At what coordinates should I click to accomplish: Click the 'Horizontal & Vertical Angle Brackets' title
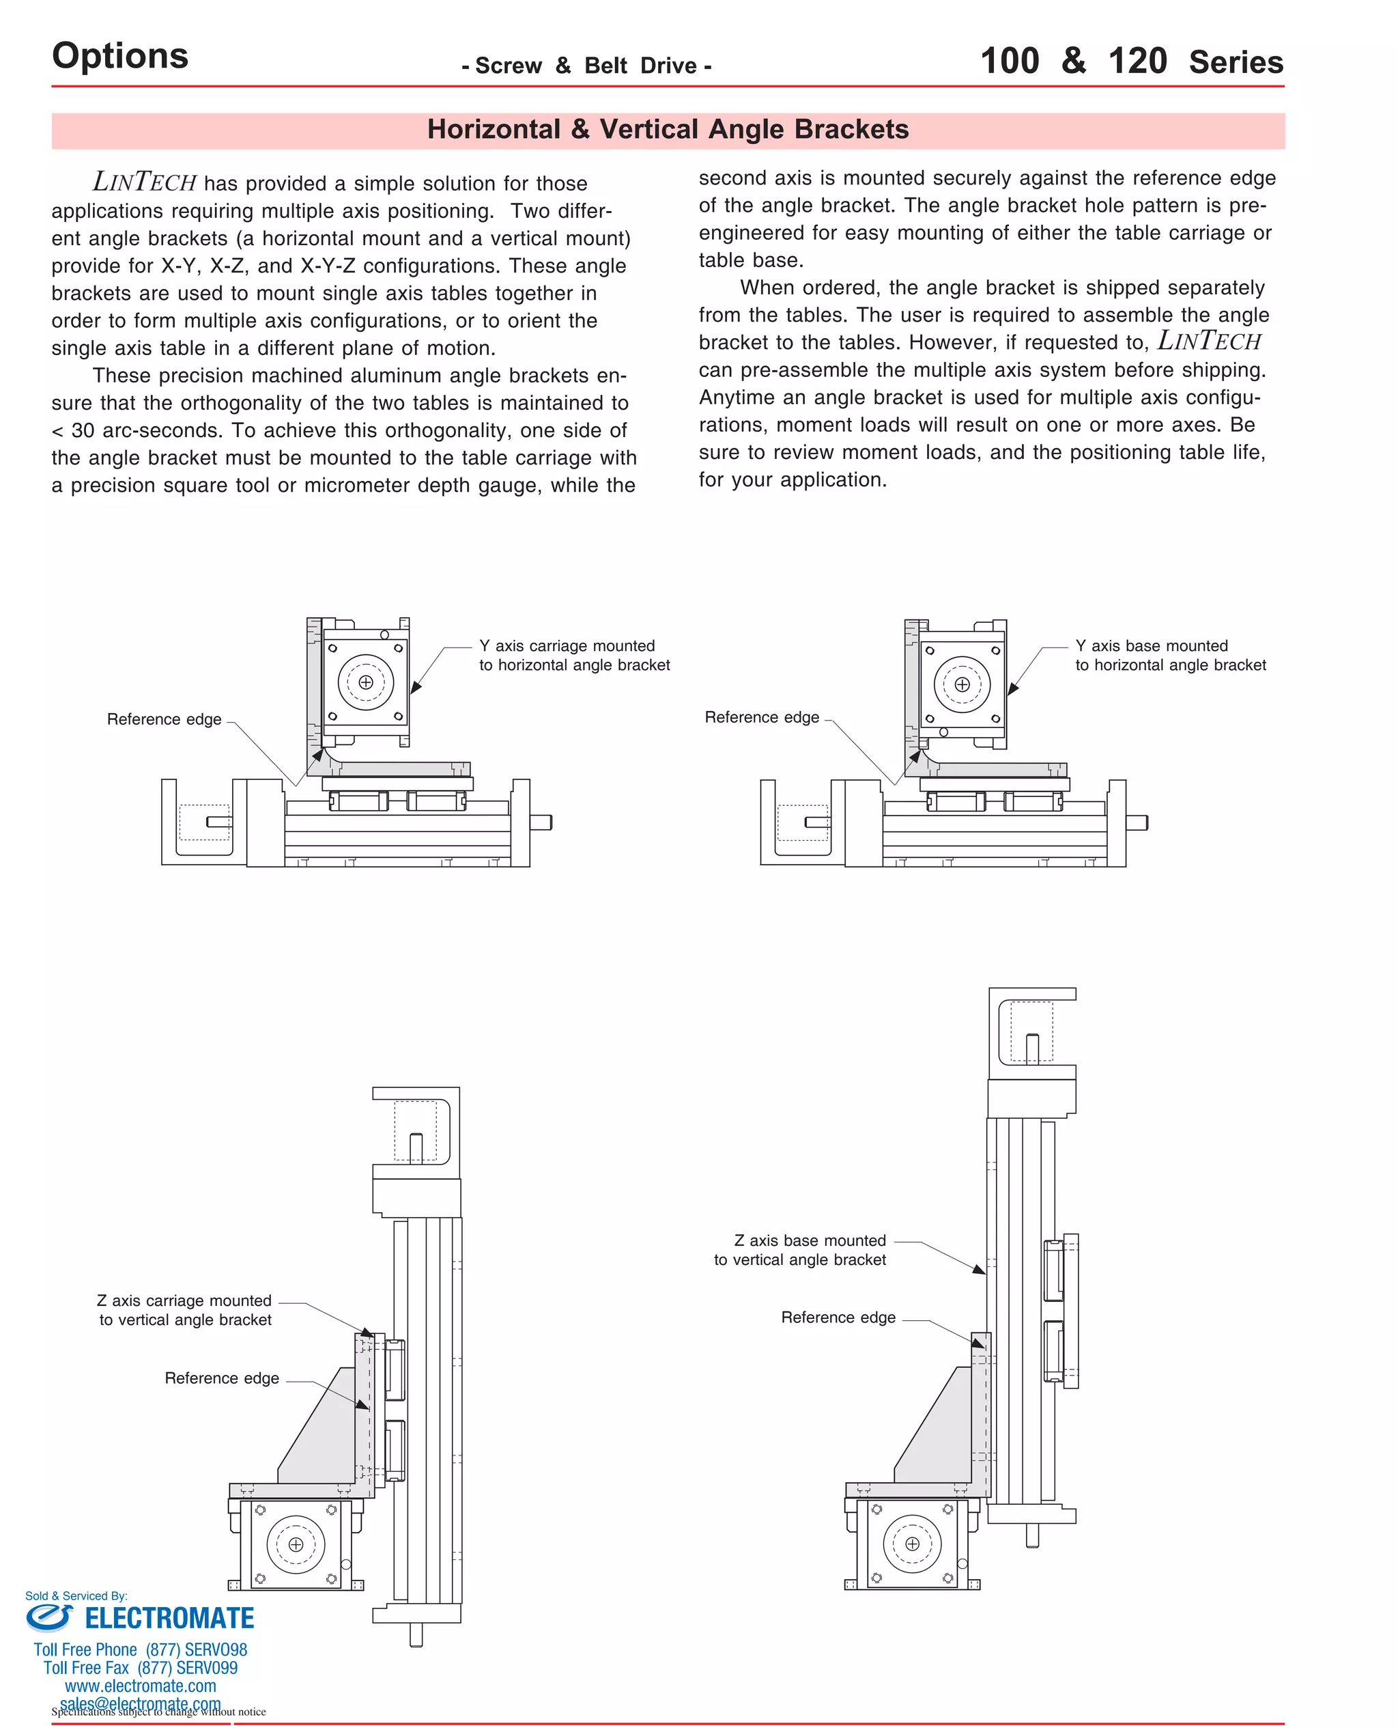pos(668,130)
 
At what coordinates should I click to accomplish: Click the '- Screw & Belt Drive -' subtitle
pos(586,66)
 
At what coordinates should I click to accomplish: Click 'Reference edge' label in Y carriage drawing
pos(165,719)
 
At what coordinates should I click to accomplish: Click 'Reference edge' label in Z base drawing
pos(838,1317)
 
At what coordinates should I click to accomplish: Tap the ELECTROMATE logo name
pos(169,1619)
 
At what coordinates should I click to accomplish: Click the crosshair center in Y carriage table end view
pos(366,682)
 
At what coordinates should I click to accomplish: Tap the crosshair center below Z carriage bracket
pos(296,1544)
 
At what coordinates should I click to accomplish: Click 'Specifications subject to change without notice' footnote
pos(158,1712)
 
